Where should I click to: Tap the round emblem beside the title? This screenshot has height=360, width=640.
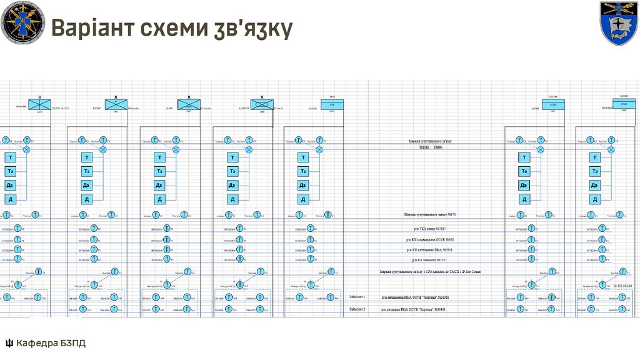[x=22, y=22]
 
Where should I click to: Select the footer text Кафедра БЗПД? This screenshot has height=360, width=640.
[x=51, y=343]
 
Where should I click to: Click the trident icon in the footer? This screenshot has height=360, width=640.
[x=9, y=343]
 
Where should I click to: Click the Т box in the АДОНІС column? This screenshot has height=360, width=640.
[x=87, y=157]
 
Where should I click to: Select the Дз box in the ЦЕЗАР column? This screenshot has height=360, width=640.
[x=160, y=186]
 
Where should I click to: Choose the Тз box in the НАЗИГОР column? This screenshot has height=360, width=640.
[x=232, y=171]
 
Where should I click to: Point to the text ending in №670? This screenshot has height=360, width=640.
[x=431, y=214]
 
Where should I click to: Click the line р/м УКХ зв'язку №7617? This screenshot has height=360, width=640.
[x=431, y=229]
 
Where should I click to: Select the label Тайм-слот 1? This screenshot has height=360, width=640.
[x=357, y=297]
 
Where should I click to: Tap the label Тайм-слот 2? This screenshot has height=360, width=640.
[x=357, y=309]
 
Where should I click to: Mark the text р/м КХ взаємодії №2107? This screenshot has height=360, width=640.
[x=431, y=259]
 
